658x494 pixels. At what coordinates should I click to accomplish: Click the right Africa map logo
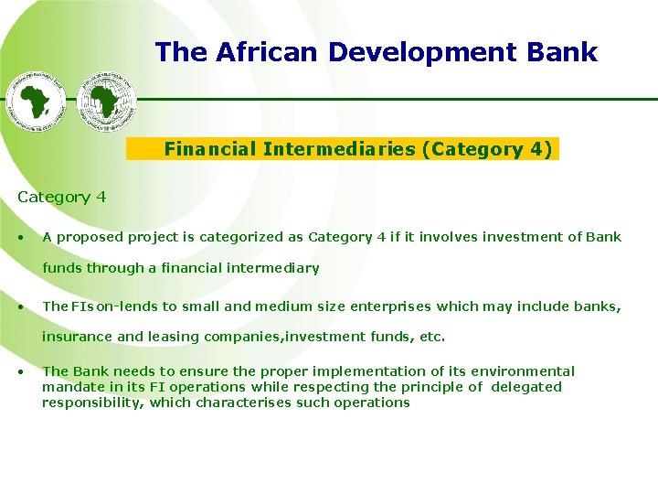(x=106, y=101)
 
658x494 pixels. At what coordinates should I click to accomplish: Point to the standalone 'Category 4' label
(x=61, y=197)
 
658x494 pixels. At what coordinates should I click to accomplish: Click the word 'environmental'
(x=523, y=371)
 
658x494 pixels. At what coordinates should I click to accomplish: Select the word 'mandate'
(x=71, y=387)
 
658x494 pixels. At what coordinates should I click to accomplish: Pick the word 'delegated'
(x=527, y=387)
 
